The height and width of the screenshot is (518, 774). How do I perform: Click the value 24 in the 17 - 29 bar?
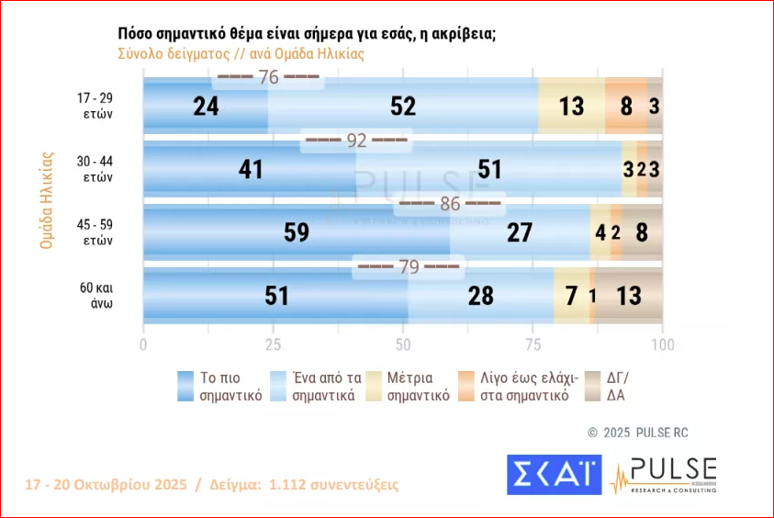point(206,106)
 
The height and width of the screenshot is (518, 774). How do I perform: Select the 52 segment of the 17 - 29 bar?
point(403,106)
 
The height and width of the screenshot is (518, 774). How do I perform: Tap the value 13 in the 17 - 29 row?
point(571,106)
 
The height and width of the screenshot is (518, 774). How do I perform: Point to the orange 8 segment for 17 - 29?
point(626,106)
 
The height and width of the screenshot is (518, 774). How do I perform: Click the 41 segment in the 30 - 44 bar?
point(250,169)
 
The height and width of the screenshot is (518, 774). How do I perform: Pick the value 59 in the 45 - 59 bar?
point(296,232)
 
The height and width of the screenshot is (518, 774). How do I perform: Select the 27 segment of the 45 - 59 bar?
point(520,232)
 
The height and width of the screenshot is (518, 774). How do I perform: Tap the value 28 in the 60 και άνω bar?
point(480,296)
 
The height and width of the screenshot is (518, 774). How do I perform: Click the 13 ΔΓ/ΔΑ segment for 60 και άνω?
point(629,296)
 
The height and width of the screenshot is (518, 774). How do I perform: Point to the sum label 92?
point(355,141)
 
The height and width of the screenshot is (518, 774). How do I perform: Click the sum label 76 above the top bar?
point(268,78)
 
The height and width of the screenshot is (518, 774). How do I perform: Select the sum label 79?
point(408,267)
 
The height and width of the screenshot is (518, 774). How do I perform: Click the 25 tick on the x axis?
point(273,345)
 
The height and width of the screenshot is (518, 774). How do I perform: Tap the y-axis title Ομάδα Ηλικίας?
point(44,201)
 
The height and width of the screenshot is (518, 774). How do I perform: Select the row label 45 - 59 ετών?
point(95,232)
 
